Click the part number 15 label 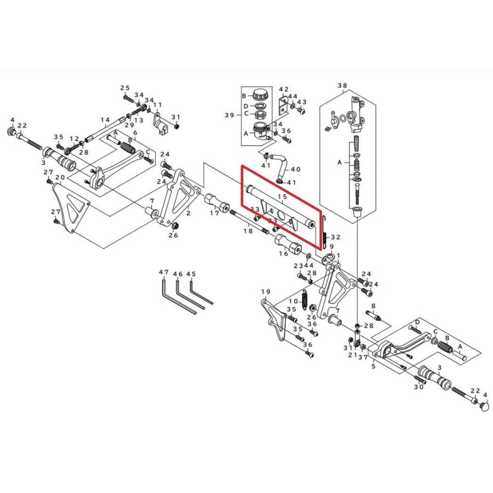pos(282,197)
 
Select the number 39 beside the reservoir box pos(229,115)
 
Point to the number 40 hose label pos(296,169)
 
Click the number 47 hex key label pos(164,272)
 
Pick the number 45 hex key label pos(191,274)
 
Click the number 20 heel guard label pos(60,177)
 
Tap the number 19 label pos(266,292)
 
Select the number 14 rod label pos(105,120)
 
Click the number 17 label pos(215,213)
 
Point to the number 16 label pos(284,254)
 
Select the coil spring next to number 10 pos(305,299)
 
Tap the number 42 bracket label pos(284,90)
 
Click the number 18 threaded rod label pos(248,231)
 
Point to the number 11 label pos(158,105)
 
